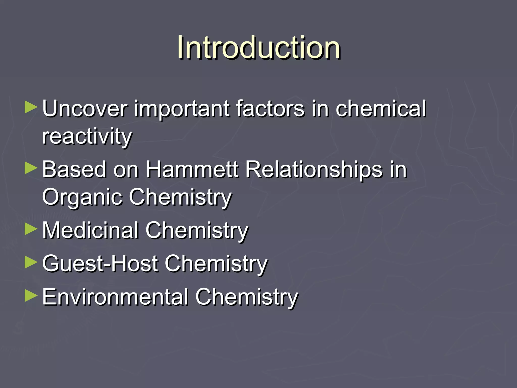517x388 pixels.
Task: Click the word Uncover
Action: [x=85, y=109]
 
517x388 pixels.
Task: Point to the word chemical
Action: [x=380, y=109]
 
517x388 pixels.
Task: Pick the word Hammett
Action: [x=192, y=169]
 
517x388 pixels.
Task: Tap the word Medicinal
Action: [x=90, y=230]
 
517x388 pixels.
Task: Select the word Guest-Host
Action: [x=100, y=263]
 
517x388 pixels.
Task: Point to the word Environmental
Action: [x=115, y=297]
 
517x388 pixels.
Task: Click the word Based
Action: [x=74, y=169]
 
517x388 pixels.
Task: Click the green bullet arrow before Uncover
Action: [x=31, y=107]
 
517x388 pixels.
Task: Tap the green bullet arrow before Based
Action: [x=31, y=168]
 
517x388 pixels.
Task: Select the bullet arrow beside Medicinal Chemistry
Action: [x=31, y=229]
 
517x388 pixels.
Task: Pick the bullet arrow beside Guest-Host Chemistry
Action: [x=31, y=262]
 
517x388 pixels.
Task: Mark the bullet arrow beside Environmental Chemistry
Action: [x=31, y=296]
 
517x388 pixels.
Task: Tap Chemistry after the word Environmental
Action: [x=246, y=297]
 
